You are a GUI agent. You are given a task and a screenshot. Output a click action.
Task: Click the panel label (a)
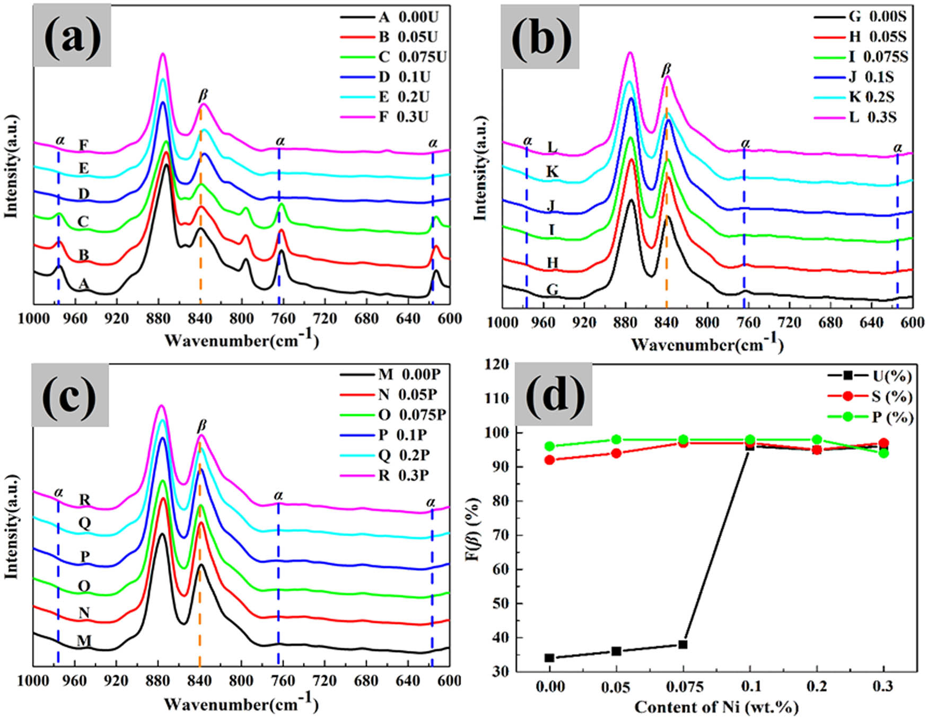point(72,36)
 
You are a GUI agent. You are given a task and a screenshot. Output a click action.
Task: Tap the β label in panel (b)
point(667,69)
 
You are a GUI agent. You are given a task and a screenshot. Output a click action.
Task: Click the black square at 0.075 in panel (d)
point(683,644)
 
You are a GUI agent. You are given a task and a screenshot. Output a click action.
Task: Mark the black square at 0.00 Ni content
point(549,658)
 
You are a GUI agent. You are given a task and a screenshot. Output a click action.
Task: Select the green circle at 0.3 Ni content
point(883,453)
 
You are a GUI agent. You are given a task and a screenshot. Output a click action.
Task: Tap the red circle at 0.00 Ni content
point(549,460)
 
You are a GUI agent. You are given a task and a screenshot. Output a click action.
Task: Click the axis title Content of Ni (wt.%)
point(716,707)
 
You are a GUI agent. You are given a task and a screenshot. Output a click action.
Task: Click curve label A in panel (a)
point(83,285)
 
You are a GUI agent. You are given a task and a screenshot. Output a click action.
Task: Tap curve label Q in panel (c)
point(84,523)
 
